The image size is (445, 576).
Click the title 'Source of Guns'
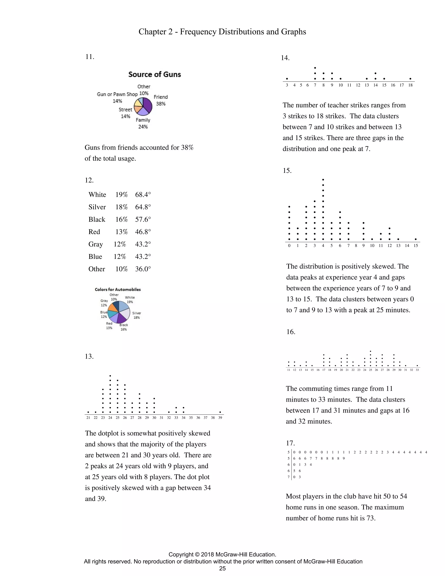[x=154, y=74]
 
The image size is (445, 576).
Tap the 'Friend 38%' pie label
[x=161, y=100]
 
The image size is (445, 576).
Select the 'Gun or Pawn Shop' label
[x=117, y=94]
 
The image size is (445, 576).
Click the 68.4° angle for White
[x=143, y=195]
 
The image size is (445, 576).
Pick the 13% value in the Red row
[x=121, y=232]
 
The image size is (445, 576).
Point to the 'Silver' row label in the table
[x=97, y=207]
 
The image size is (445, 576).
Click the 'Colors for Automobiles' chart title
[x=118, y=289]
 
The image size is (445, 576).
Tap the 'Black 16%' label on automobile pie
[x=124, y=327]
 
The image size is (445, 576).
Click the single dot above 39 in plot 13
[x=220, y=412]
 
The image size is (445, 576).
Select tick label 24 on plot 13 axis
[x=110, y=418]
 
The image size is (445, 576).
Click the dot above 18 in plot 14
[x=410, y=79]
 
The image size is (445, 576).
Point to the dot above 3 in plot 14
[x=287, y=79]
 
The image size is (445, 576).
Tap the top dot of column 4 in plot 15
[x=323, y=180]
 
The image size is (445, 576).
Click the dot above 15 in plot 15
[x=416, y=239]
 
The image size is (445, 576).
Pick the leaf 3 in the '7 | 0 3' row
[x=300, y=477]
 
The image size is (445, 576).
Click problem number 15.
[x=287, y=171]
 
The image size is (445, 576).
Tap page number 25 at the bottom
[x=222, y=568]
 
